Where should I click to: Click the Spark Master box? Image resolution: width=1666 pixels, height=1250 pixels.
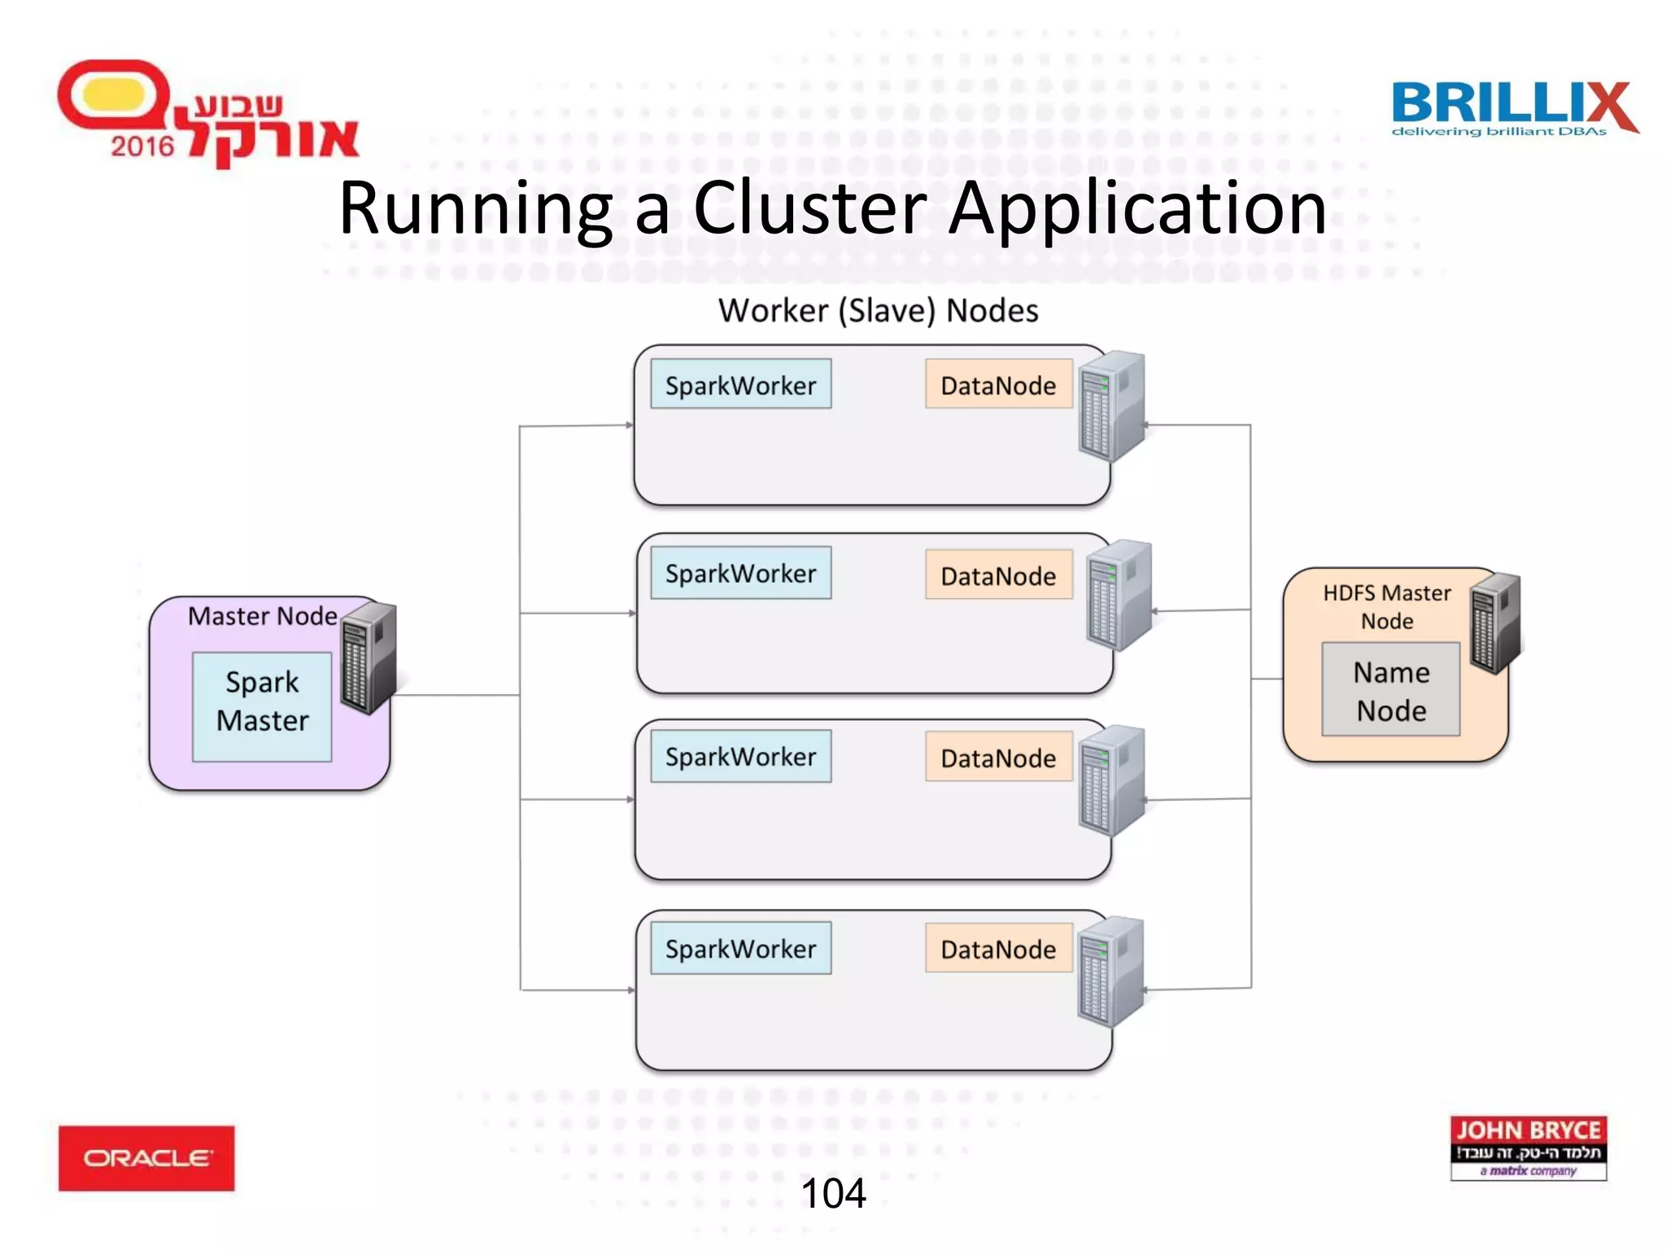262,706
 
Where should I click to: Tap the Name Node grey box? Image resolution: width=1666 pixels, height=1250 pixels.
1390,689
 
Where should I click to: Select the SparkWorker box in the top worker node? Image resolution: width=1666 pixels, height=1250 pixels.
740,384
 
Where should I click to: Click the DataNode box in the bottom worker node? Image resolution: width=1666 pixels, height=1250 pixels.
998,948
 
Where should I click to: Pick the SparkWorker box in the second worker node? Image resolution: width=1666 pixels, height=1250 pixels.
740,573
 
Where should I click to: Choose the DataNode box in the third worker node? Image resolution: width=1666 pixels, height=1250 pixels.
998,758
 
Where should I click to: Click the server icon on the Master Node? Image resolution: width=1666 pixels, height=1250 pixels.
369,658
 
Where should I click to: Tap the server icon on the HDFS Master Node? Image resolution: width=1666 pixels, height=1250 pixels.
1496,623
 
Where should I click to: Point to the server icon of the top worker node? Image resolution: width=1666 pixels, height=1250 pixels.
1111,405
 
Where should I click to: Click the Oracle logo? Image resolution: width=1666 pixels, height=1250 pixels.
146,1158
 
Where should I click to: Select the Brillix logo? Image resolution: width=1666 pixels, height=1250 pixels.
1514,108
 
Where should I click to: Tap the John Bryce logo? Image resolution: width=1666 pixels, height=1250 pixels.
1528,1148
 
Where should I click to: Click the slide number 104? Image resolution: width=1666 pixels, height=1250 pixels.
833,1193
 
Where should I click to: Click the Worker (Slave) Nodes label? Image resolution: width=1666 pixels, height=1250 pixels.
878,311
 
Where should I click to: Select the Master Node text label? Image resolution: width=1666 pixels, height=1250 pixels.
262,616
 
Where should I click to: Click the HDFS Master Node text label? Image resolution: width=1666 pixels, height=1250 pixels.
1387,606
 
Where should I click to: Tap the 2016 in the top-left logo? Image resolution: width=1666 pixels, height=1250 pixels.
142,146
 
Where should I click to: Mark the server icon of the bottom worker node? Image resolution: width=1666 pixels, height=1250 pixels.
1111,972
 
